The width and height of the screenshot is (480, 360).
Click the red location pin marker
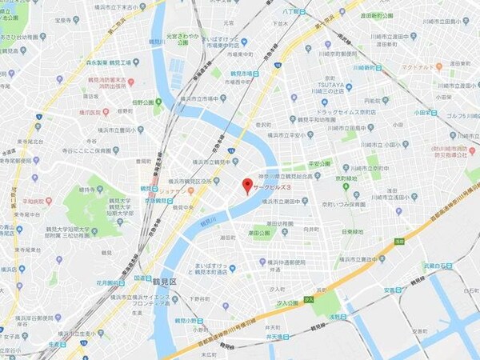pos(247,186)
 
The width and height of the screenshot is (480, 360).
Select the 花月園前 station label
pos(108,282)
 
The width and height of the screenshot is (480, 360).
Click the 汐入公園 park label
pos(285,303)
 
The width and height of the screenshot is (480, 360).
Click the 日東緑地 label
pos(353,232)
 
